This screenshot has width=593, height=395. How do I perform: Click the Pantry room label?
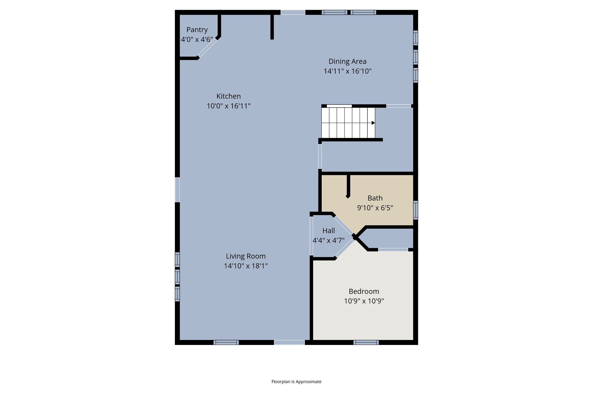(197, 30)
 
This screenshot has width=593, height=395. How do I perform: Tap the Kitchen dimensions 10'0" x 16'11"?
(228, 106)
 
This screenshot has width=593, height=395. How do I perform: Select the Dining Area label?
(347, 61)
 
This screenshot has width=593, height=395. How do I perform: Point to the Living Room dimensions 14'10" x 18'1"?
(246, 266)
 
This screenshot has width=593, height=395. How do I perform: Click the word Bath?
(375, 198)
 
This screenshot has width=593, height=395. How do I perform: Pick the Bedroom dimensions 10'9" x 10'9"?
(364, 301)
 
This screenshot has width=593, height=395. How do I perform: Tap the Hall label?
(329, 231)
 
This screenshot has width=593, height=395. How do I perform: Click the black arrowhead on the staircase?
(373, 123)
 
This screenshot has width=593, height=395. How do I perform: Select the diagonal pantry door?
(207, 48)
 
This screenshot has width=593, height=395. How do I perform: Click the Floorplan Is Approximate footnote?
(296, 382)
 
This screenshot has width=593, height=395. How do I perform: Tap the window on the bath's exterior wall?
(416, 210)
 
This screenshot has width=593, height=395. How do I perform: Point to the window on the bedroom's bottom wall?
(366, 342)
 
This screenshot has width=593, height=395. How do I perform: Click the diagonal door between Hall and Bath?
(344, 225)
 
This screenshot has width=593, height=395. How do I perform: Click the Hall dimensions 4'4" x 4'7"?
(329, 240)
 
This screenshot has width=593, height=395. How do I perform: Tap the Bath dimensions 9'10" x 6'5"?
(375, 208)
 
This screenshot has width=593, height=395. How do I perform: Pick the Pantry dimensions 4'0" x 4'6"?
(197, 40)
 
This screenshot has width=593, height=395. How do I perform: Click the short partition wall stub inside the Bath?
(348, 186)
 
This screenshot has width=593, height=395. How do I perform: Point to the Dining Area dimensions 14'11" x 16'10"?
(347, 71)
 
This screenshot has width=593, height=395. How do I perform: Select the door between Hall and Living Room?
(311, 236)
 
